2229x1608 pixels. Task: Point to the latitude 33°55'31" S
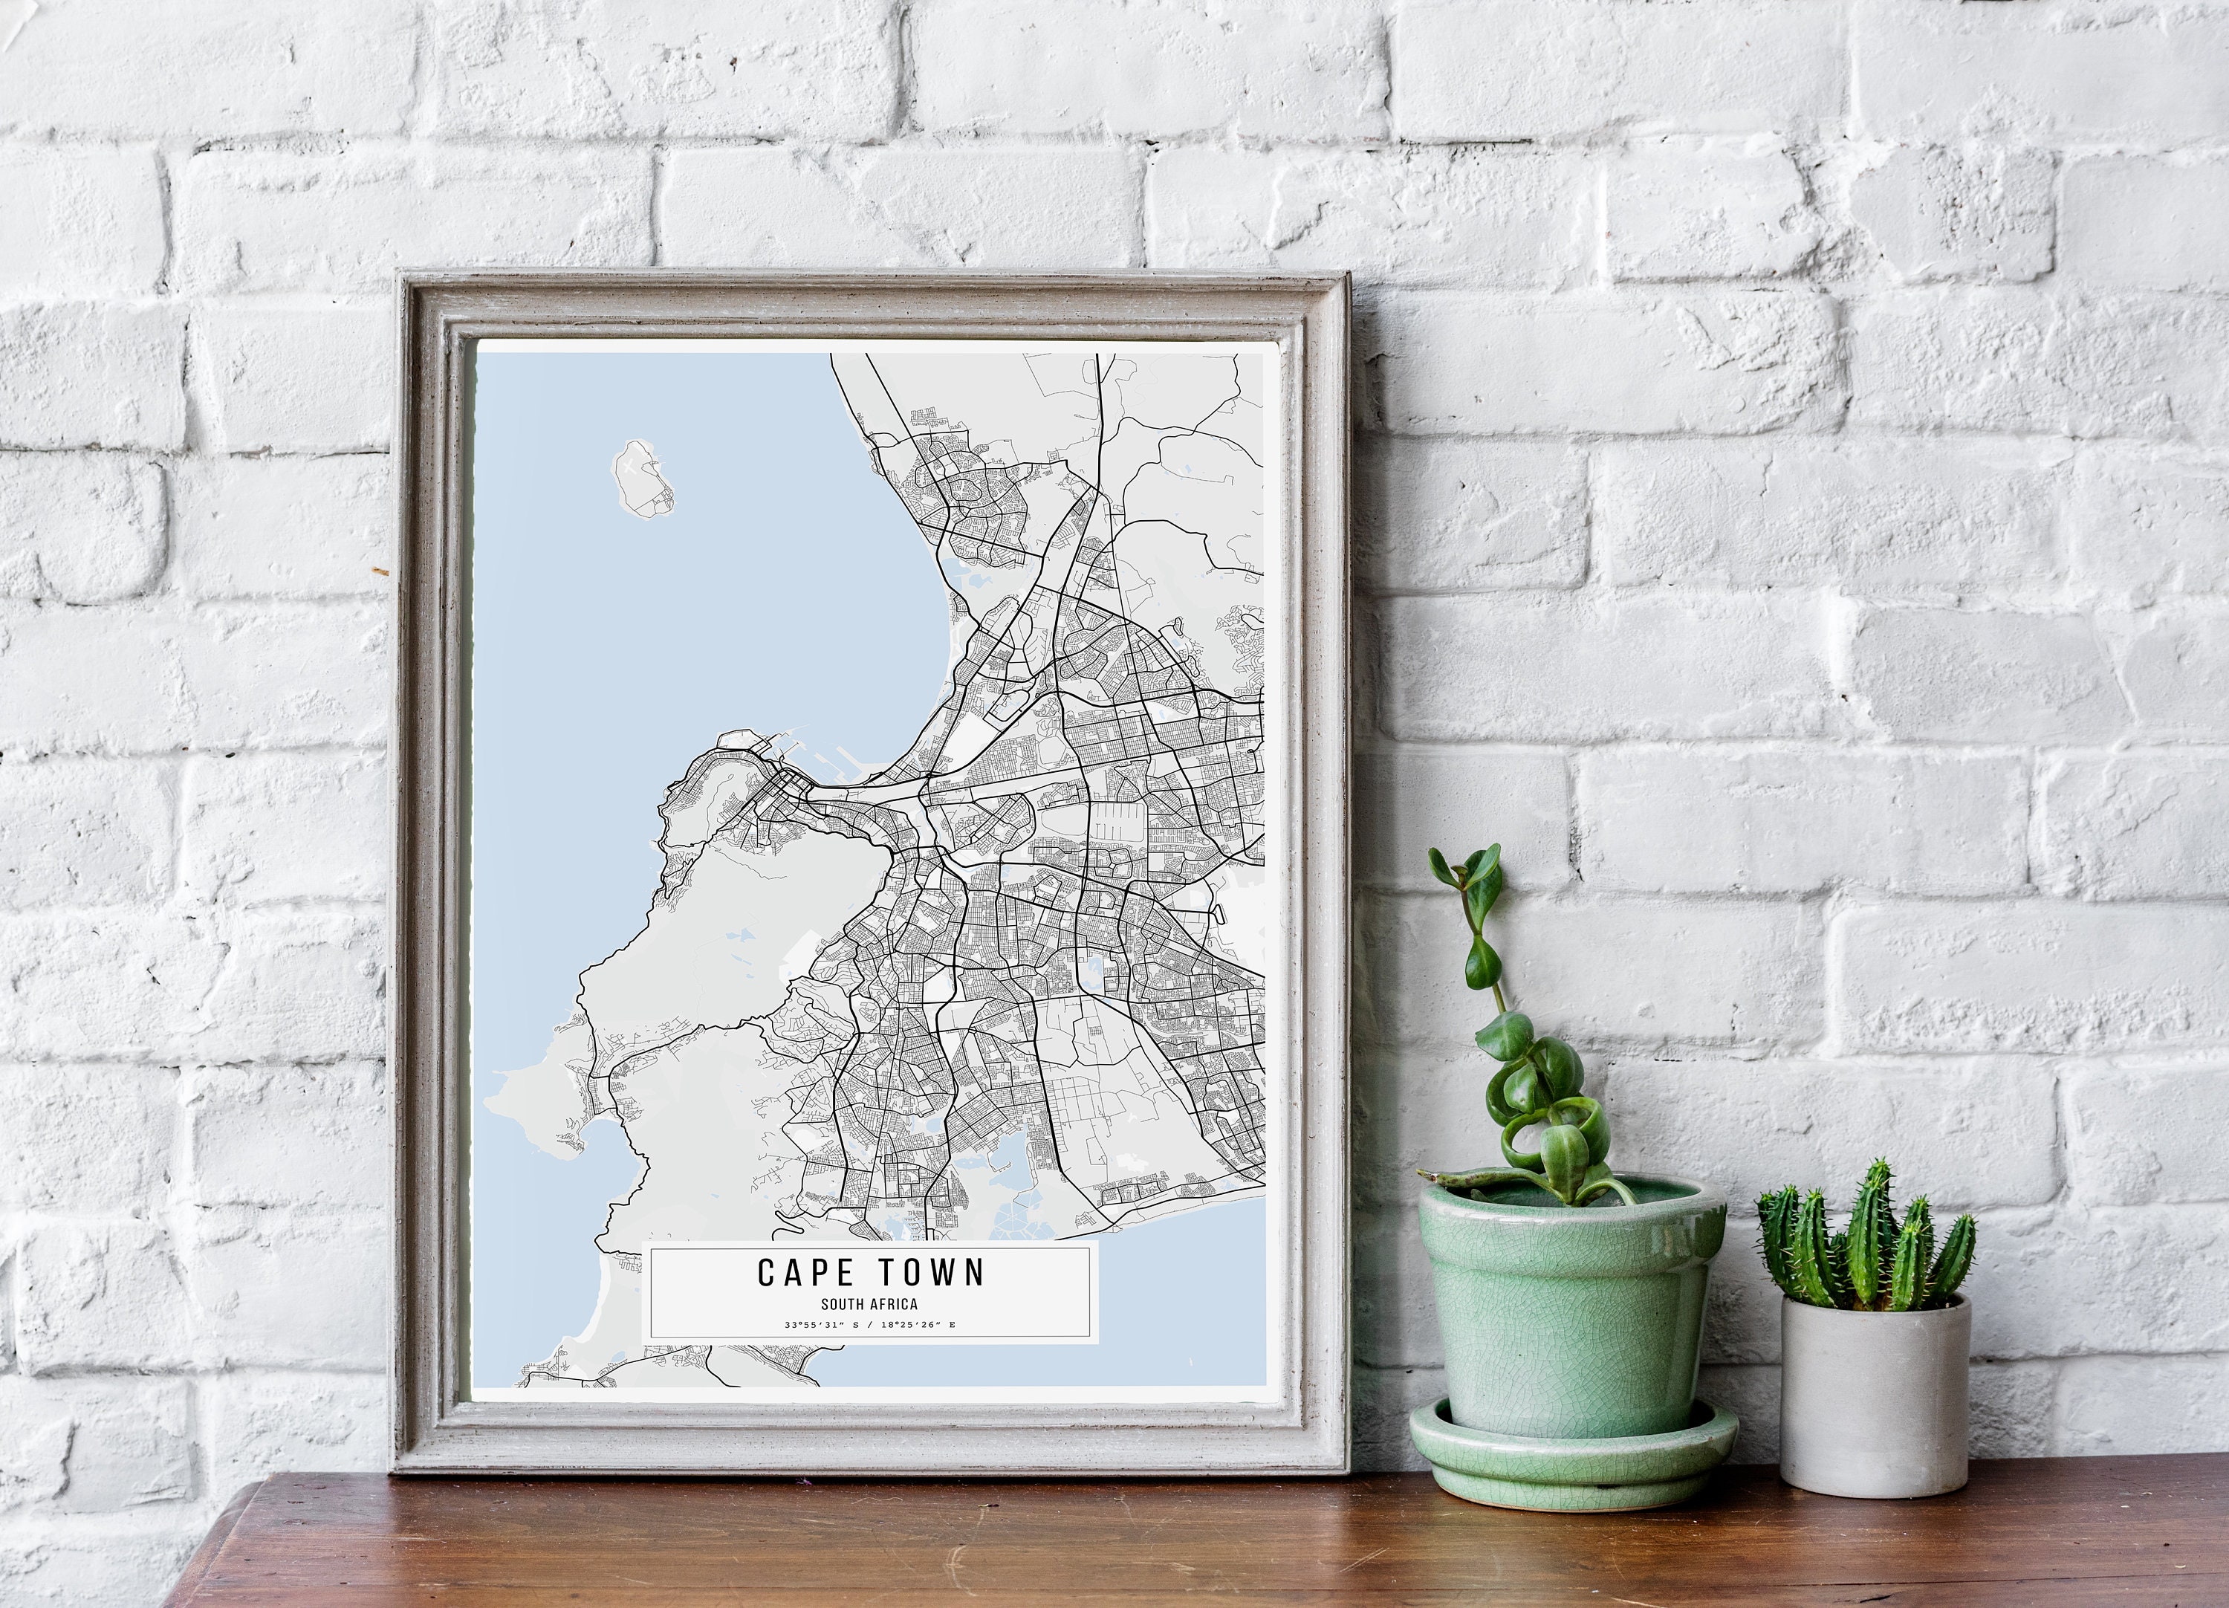[820, 1325]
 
